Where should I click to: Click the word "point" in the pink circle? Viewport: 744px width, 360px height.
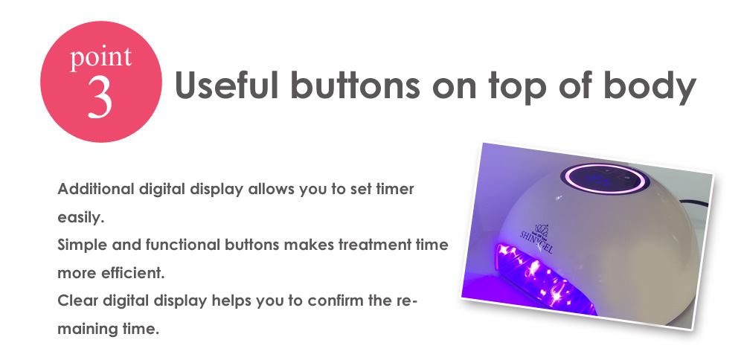100,57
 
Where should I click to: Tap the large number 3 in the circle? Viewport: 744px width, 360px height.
100,97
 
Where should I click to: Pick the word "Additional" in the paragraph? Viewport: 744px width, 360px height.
95,189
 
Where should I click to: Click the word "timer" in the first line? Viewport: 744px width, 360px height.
395,189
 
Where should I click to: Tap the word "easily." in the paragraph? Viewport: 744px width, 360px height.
80,218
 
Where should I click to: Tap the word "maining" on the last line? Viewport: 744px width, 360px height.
86,330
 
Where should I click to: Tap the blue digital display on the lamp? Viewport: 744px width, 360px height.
603,179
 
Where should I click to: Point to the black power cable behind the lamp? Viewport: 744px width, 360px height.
693,204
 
